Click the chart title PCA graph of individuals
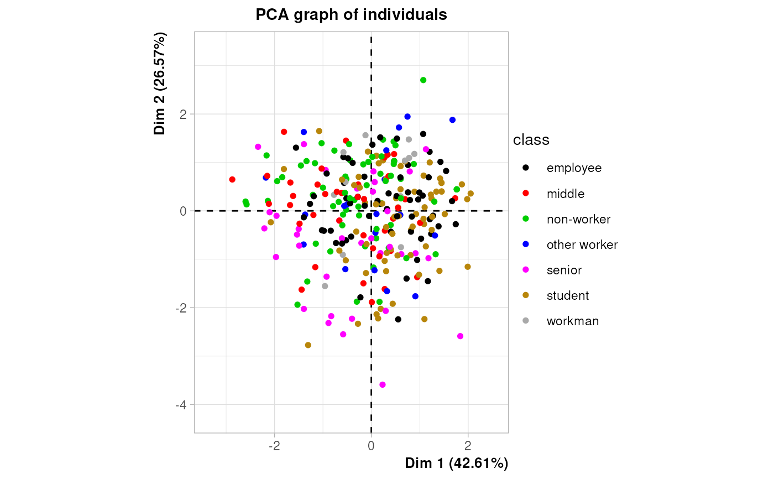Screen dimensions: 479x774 tap(351, 15)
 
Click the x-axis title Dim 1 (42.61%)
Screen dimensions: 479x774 tap(456, 463)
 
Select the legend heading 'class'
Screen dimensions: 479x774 tap(531, 140)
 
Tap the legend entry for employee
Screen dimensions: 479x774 tap(574, 168)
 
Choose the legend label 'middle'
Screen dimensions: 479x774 tap(565, 194)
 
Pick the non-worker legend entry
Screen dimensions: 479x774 tap(578, 219)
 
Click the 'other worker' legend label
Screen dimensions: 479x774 tap(582, 244)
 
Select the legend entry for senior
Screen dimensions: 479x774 tap(564, 270)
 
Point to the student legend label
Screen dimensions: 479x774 tap(567, 295)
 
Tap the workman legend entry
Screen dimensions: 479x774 tap(572, 321)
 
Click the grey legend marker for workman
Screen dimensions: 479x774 tap(526, 321)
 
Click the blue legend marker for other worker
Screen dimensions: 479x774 tap(526, 244)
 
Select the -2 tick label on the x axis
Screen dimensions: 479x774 tap(273, 446)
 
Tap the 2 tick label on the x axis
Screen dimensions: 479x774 tap(468, 446)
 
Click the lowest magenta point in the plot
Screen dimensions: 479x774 tap(383, 384)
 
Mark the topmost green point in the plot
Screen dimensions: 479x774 tap(423, 80)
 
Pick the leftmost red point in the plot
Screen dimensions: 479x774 tap(232, 180)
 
